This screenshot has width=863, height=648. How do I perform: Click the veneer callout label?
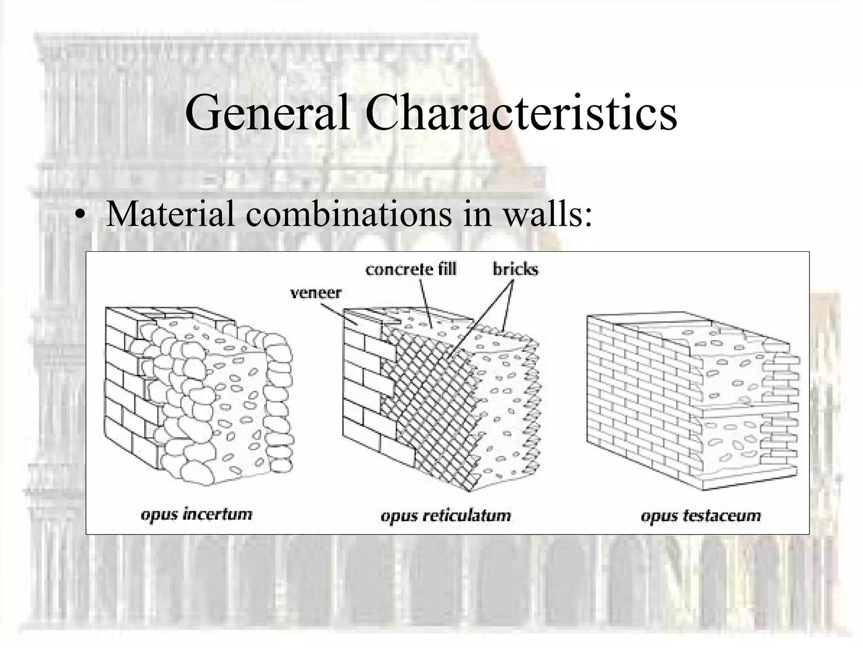[x=316, y=292]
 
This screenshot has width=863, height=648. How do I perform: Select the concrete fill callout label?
[x=411, y=269]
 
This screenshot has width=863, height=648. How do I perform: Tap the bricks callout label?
[x=515, y=269]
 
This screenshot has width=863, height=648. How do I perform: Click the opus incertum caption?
[x=196, y=515]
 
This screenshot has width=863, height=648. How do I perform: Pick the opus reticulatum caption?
[x=445, y=516]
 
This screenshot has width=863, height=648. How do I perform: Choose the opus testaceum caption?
[x=701, y=516]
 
